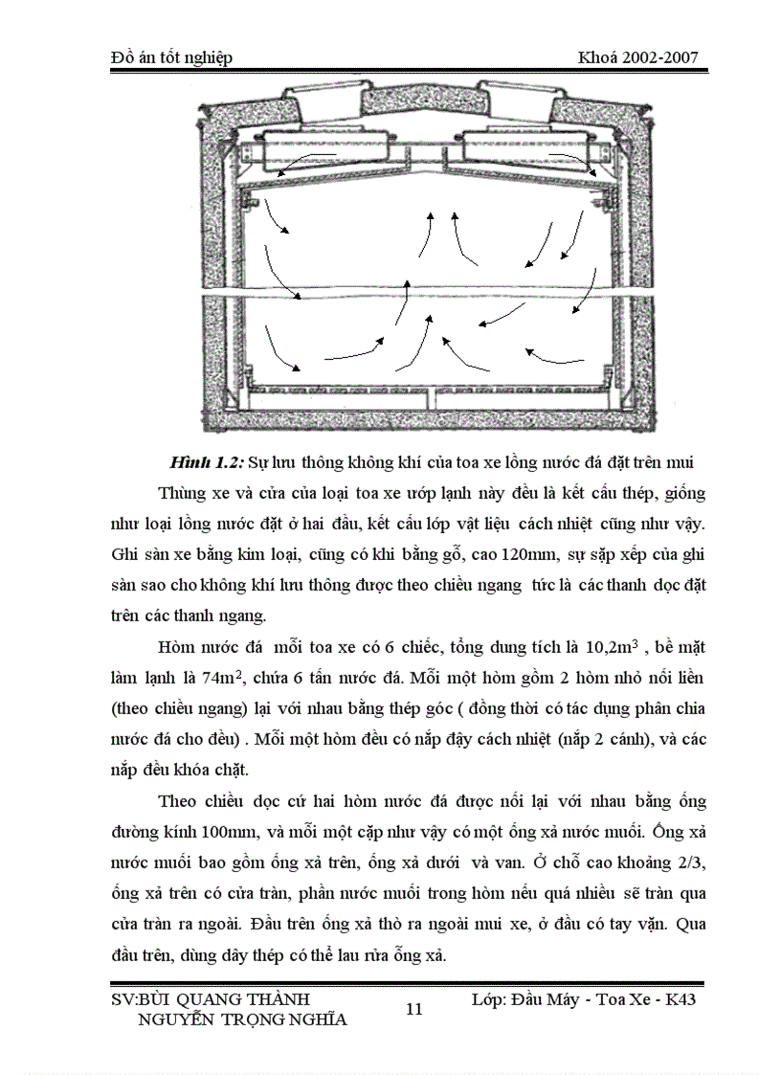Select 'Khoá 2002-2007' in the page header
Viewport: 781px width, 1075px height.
coord(636,58)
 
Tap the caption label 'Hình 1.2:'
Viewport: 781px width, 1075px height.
coord(206,462)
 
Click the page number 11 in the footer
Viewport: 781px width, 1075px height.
coord(414,1008)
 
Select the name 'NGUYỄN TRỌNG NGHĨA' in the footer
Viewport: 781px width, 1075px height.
coord(242,1019)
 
